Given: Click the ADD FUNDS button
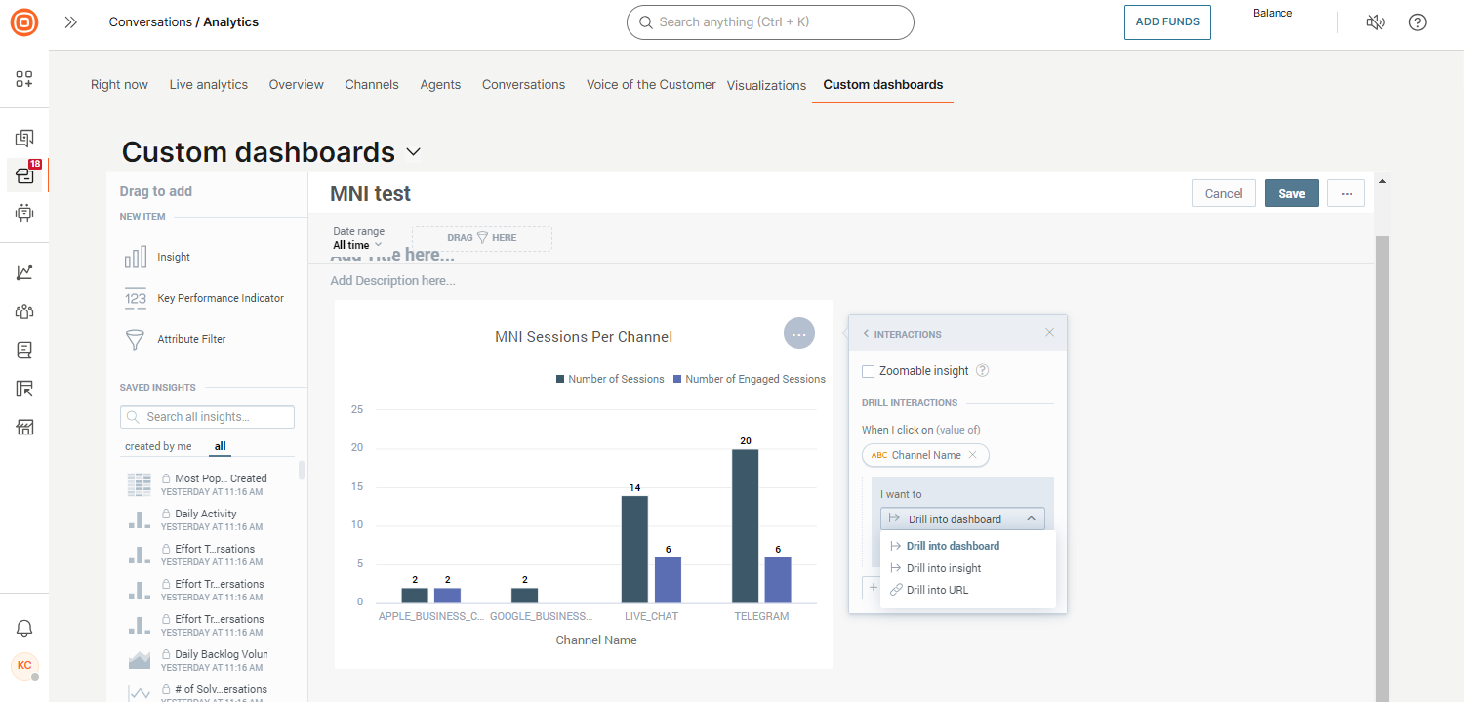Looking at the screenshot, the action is click(1167, 22).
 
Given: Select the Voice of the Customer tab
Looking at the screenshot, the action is click(651, 85).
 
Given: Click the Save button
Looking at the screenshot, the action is click(1291, 193).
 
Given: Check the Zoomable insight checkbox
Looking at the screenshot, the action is click(869, 371).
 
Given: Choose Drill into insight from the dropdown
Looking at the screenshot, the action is click(943, 568).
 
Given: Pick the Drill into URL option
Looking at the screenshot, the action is click(937, 590).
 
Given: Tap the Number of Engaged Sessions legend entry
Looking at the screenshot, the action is click(754, 379).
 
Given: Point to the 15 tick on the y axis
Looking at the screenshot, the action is click(356, 486).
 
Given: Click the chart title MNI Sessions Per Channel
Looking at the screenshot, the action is click(584, 337).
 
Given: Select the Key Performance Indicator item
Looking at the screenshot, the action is click(220, 298).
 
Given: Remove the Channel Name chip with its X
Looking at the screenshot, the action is click(972, 455).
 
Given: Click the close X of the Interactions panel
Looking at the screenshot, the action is click(1049, 333).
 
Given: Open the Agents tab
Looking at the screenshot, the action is click(440, 85).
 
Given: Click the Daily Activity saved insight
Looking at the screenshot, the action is click(205, 514).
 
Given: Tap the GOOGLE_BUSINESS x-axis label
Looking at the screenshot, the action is click(541, 616).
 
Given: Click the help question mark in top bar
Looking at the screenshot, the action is click(1418, 22).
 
